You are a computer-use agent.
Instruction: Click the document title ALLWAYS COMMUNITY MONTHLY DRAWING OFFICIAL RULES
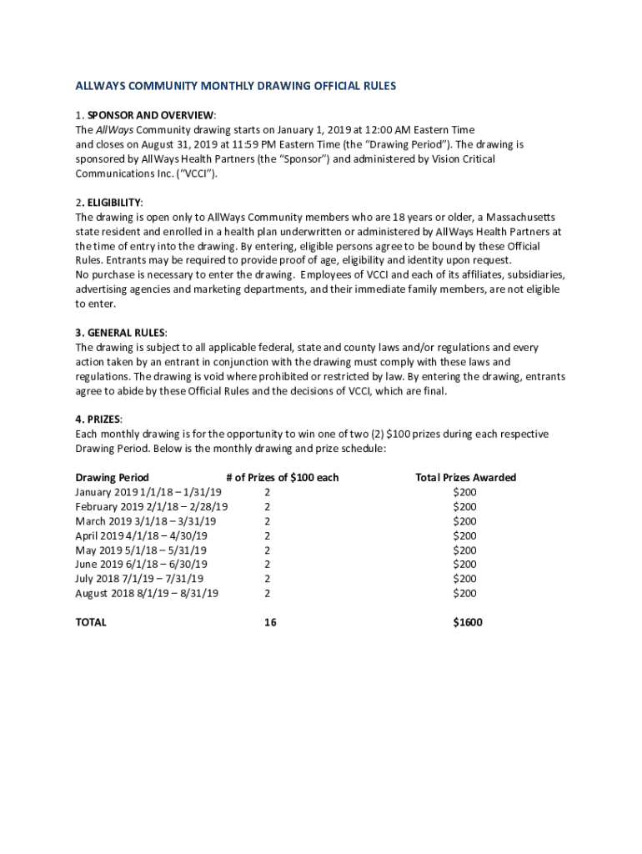coord(235,86)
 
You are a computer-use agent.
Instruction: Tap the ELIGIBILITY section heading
coord(111,203)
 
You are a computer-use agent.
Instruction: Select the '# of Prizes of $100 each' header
coord(282,478)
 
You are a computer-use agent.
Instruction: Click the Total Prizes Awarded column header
coord(465,478)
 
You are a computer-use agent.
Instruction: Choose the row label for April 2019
coord(142,535)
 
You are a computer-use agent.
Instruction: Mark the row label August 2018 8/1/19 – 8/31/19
coord(147,593)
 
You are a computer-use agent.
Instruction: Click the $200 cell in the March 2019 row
coord(464,521)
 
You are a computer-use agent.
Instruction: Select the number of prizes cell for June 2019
coord(268,565)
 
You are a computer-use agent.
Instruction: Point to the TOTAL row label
coord(91,622)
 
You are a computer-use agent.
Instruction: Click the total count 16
coord(270,622)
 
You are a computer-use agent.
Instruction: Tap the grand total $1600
coord(467,622)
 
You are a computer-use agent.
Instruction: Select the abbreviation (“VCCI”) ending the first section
coord(202,173)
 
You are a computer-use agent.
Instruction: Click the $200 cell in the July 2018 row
coord(464,579)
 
